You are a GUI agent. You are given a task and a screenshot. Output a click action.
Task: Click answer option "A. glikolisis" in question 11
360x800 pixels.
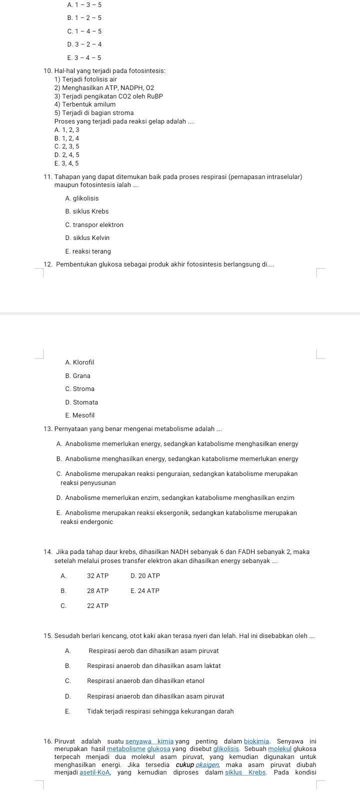click(81, 198)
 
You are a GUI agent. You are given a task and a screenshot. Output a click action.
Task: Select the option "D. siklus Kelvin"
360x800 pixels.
click(87, 238)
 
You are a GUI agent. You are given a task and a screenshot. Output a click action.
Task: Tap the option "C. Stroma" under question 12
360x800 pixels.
click(79, 389)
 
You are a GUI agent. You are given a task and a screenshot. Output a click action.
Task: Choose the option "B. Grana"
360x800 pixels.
click(77, 376)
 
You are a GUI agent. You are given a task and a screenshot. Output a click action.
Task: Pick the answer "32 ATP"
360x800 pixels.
click(97, 576)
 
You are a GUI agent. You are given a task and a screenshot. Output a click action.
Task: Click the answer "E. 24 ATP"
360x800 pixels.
click(144, 591)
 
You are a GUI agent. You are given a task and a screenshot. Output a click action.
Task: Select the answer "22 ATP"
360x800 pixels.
click(97, 606)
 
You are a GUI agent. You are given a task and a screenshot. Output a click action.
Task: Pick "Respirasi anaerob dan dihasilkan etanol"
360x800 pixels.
click(145, 681)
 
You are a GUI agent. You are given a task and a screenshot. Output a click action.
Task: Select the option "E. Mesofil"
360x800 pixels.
click(79, 415)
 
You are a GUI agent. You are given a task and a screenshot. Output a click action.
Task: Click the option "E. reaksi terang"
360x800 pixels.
click(87, 251)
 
